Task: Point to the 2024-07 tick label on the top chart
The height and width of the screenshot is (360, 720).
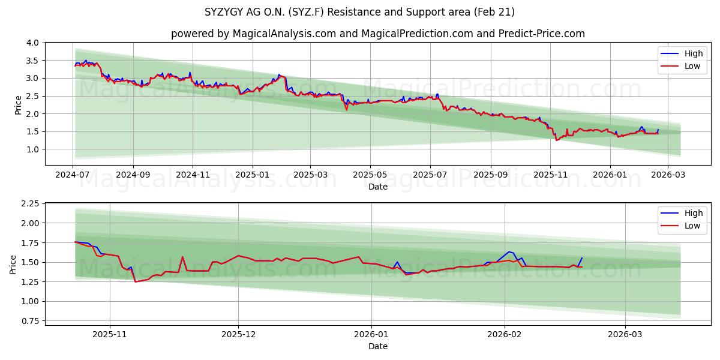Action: point(73,175)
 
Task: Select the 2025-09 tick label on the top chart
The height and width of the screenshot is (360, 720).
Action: point(491,175)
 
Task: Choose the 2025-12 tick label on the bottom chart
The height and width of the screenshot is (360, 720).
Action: point(238,334)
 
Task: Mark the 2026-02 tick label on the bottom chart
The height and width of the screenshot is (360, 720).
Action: point(505,334)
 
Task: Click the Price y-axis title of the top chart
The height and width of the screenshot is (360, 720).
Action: point(19,104)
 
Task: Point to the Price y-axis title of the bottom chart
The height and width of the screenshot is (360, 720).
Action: point(13,265)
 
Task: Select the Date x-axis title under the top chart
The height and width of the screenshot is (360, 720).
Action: point(378,187)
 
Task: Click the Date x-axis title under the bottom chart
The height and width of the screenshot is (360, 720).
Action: point(378,346)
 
